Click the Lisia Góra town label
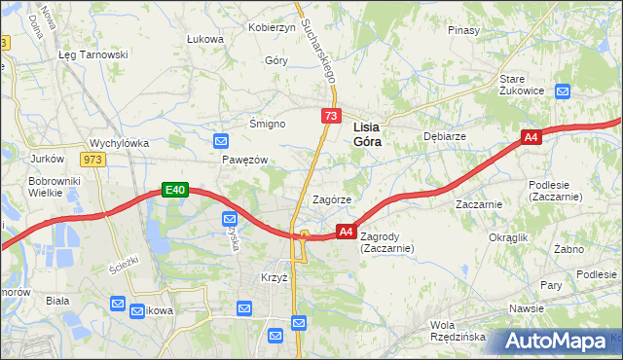point(366,133)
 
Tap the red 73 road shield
point(331,117)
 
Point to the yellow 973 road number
point(94,160)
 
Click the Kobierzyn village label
point(272,27)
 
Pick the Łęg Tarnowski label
point(93,54)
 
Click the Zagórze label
point(331,199)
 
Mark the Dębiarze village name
point(444,137)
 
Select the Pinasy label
point(464,30)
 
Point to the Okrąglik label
point(508,237)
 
